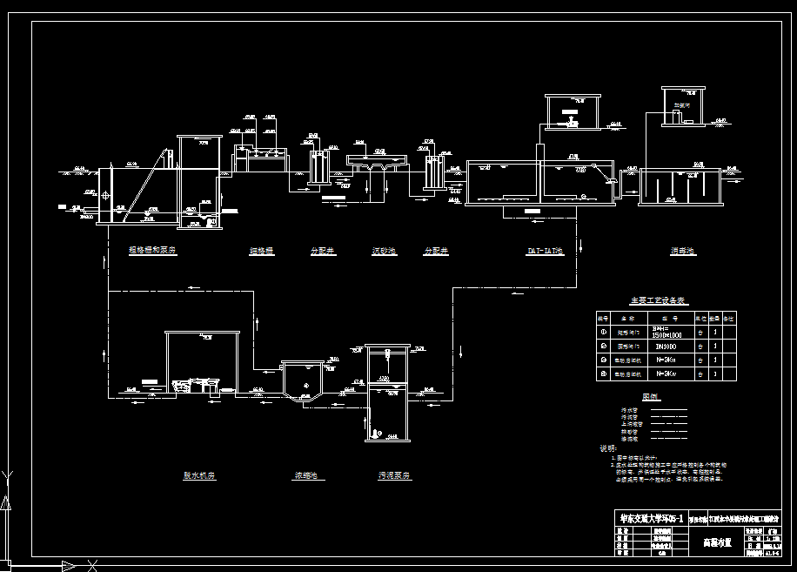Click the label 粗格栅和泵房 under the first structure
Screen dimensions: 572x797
point(152,251)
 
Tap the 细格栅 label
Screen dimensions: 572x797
point(262,252)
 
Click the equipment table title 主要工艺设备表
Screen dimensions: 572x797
point(659,301)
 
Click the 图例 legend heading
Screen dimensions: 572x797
point(652,397)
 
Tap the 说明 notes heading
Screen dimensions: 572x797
point(607,448)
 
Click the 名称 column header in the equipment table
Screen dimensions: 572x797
point(627,318)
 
